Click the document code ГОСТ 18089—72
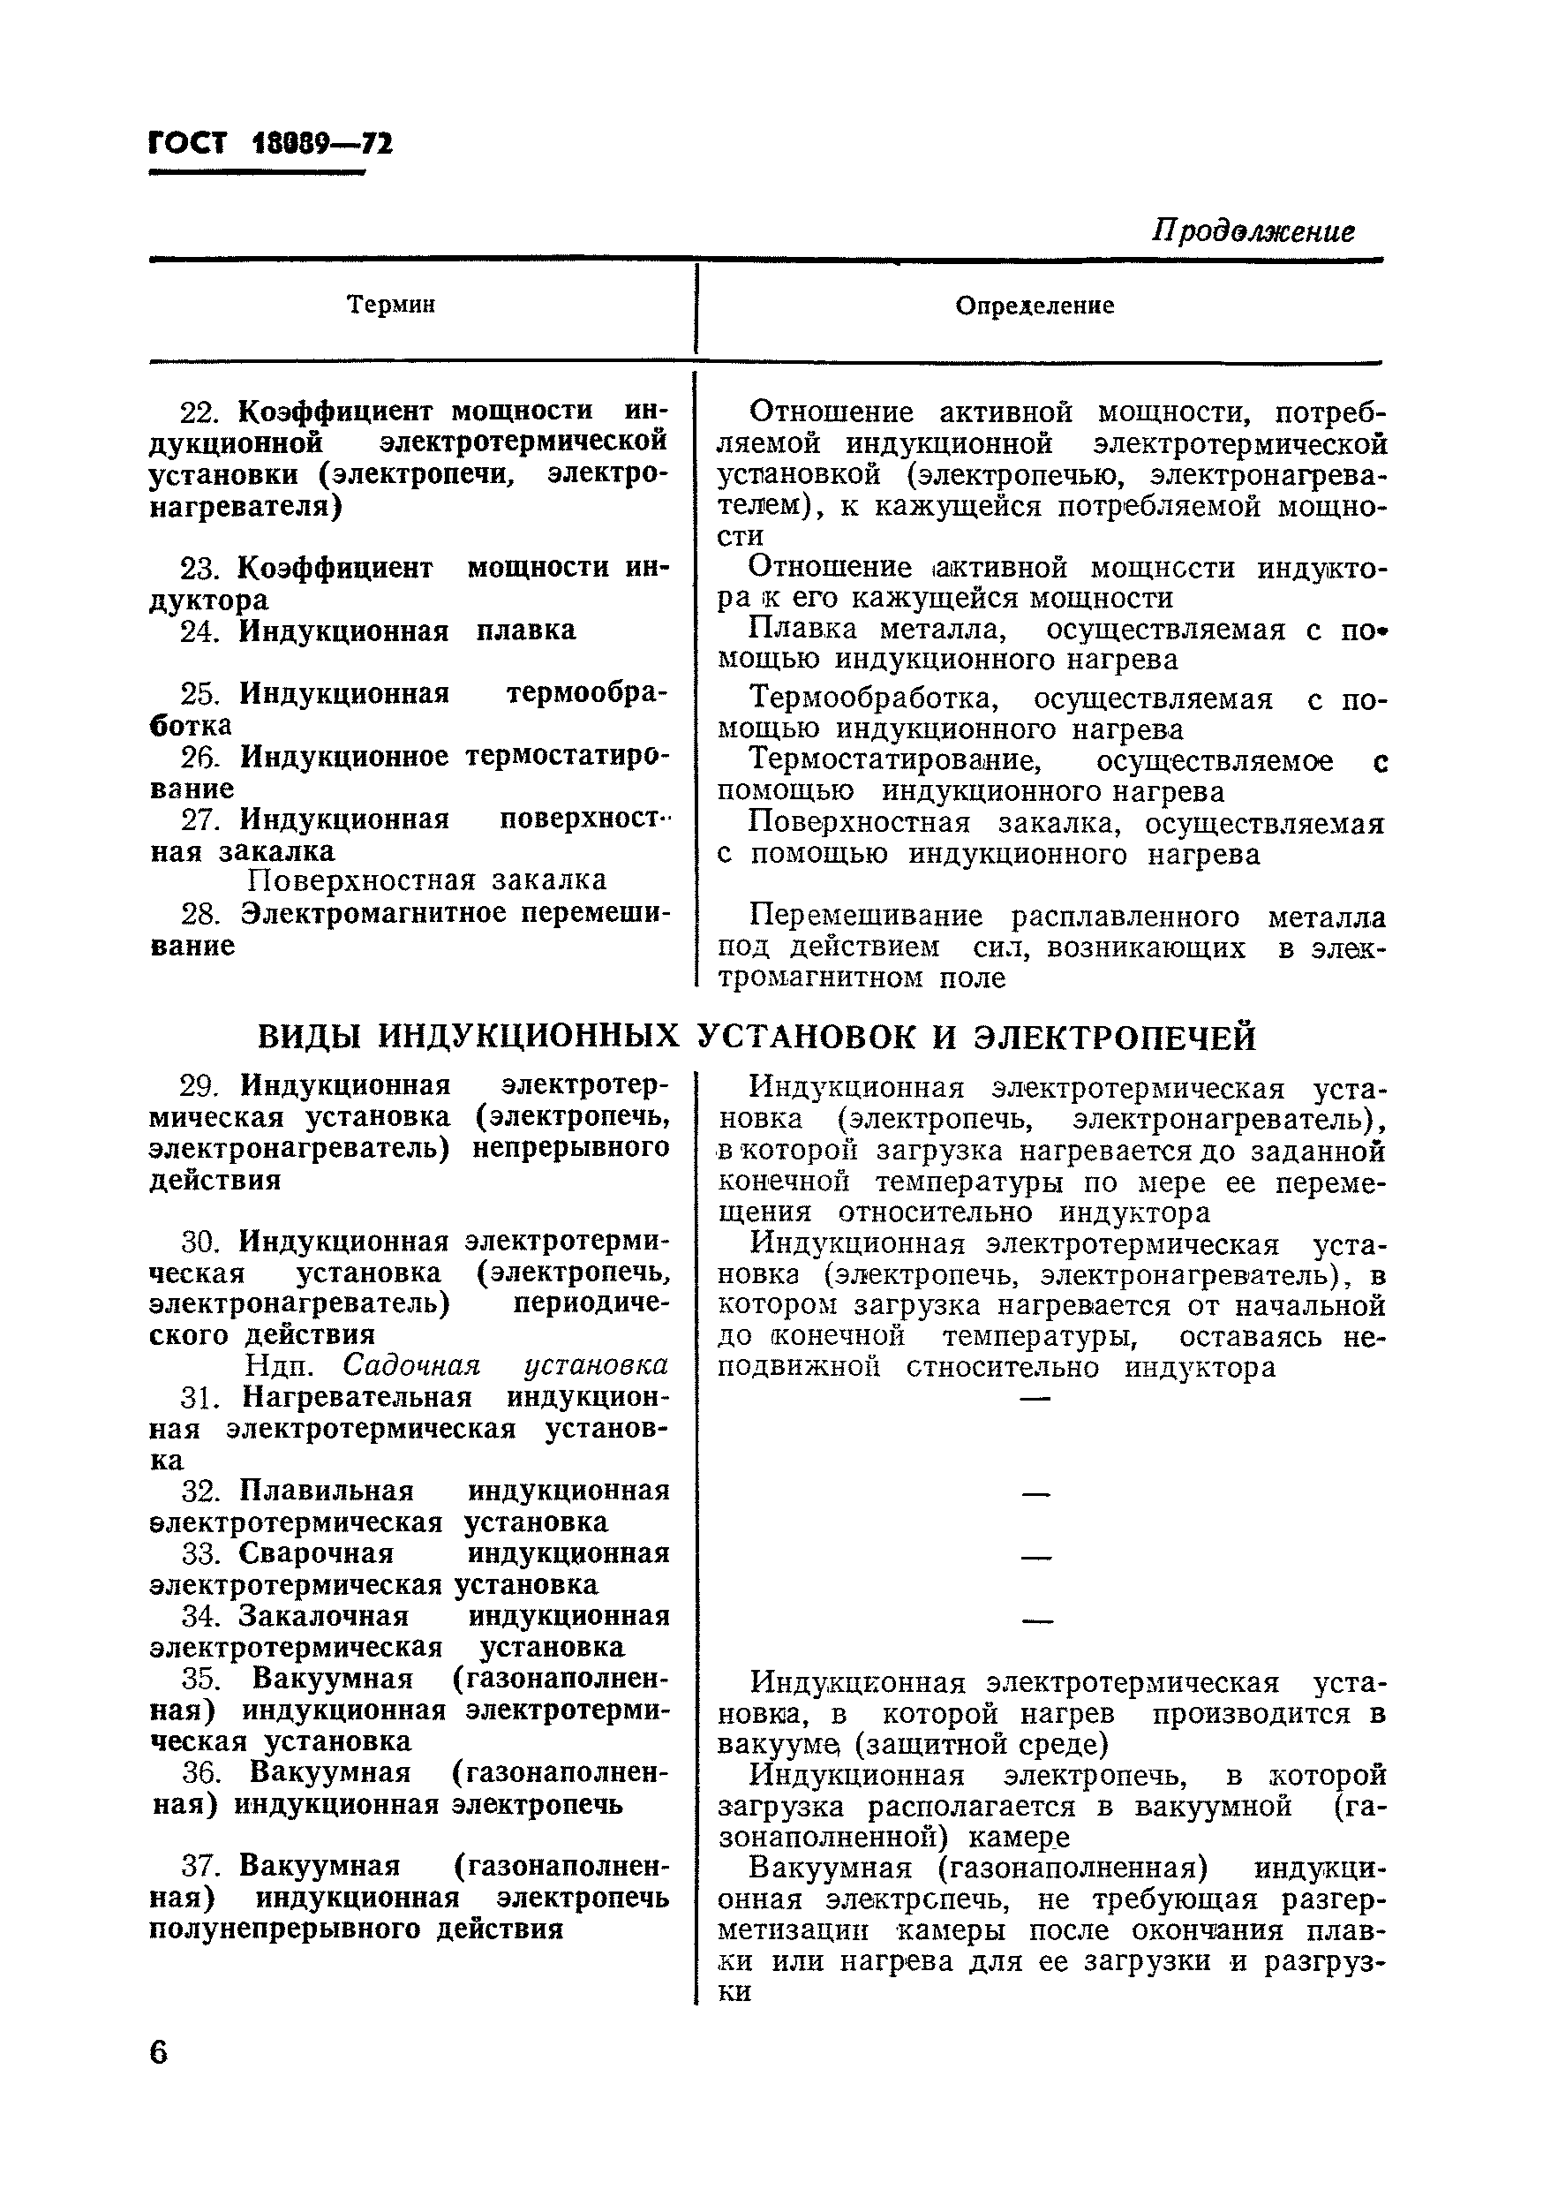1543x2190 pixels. coord(271,144)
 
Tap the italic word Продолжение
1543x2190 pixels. coord(1252,231)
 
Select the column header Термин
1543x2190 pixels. coord(391,305)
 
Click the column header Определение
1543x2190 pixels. coord(1035,306)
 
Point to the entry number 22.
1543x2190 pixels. coord(199,412)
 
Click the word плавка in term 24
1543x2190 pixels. coord(525,631)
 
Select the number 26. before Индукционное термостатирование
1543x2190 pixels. coord(199,758)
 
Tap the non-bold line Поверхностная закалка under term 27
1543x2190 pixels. coord(426,880)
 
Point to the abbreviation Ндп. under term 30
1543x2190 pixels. coord(278,1366)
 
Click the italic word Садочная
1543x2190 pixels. coord(411,1366)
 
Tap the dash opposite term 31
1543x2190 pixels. coord(1035,1398)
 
